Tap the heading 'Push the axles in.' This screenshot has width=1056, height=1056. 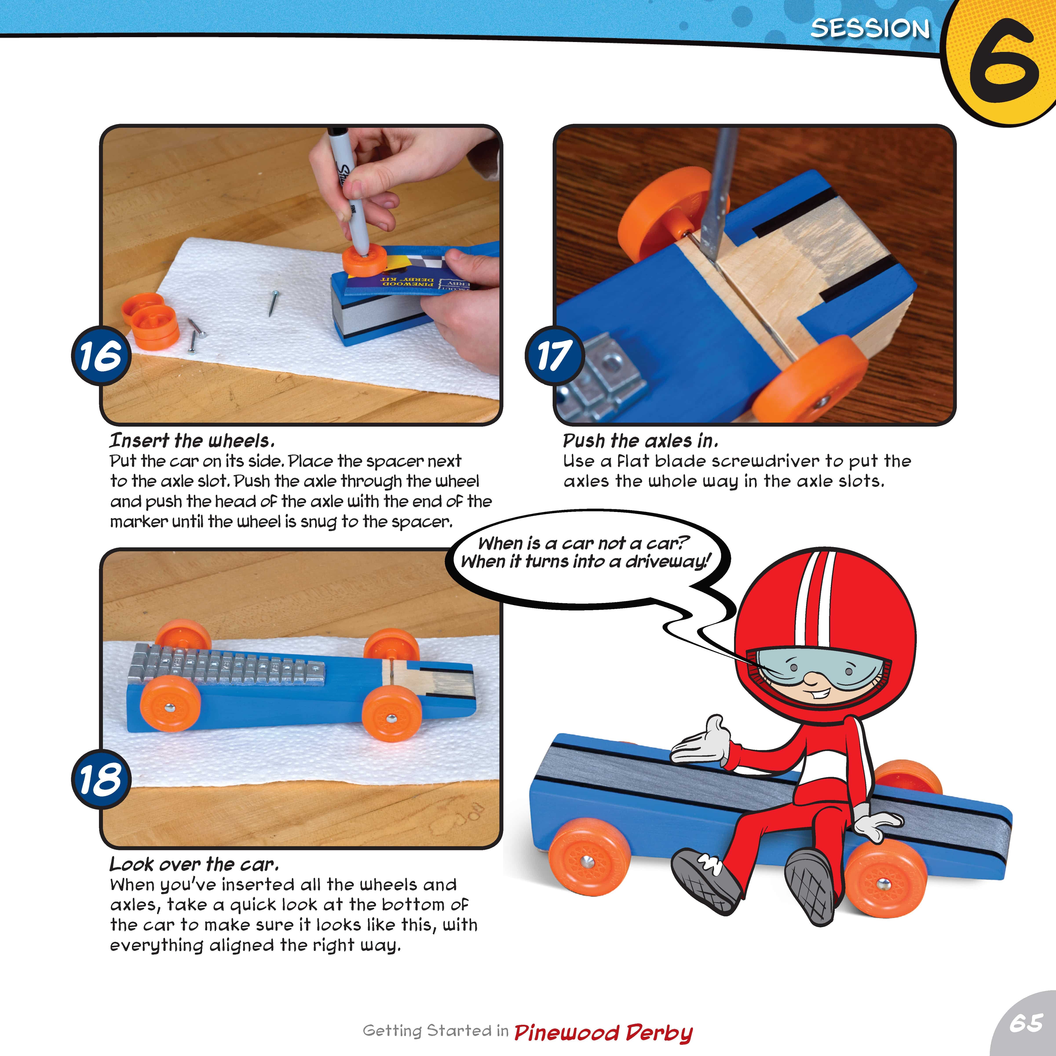coord(640,440)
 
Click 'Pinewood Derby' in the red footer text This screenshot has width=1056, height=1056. coord(603,1032)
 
